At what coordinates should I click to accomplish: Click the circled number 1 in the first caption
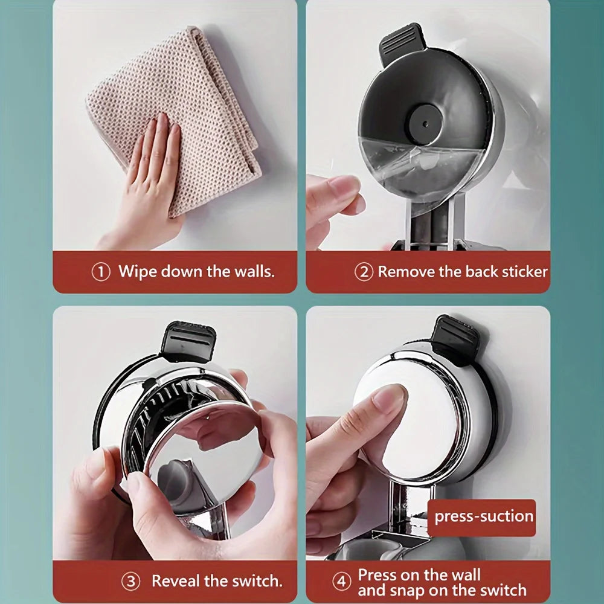click(101, 272)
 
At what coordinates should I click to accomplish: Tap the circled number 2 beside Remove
click(364, 272)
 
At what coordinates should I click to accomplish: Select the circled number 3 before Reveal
click(130, 582)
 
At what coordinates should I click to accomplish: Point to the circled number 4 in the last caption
click(342, 582)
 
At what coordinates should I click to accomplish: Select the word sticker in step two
click(523, 272)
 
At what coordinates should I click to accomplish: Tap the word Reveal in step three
click(175, 581)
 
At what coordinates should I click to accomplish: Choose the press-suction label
click(484, 517)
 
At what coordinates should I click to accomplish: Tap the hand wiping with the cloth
click(148, 175)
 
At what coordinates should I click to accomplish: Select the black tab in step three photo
click(187, 341)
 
